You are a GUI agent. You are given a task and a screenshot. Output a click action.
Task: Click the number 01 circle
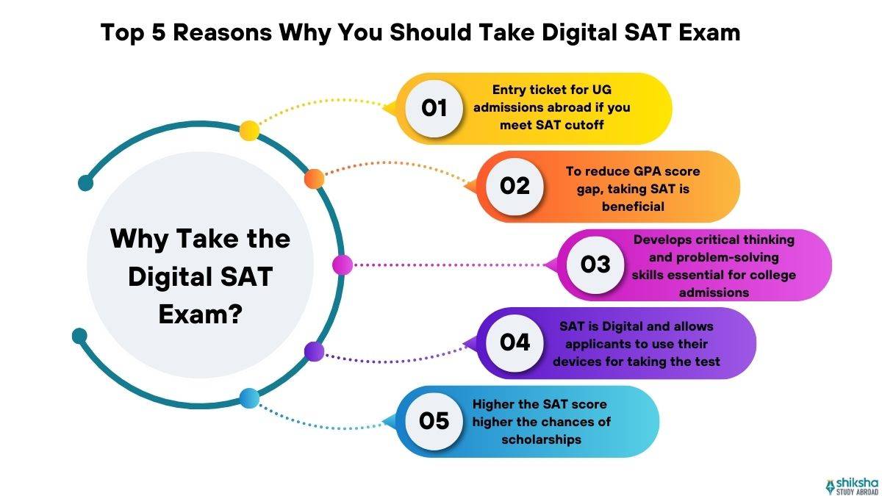pos(434,108)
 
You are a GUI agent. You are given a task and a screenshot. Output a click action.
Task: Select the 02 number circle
pos(515,187)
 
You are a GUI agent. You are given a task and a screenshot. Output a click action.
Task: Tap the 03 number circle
pos(595,265)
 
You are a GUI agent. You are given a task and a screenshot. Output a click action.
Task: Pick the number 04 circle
pos(515,342)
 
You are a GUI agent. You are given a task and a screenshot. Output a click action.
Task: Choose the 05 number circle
pos(434,421)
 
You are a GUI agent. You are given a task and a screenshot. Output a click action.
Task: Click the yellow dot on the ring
pos(249,130)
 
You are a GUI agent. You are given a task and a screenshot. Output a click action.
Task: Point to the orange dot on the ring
pos(314,179)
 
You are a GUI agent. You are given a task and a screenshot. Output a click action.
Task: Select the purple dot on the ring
pos(314,351)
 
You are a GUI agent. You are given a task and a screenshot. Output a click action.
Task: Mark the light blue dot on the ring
pos(249,399)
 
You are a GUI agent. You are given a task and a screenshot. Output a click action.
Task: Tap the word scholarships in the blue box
pos(542,439)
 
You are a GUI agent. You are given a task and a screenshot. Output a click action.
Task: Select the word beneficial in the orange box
pos(633,206)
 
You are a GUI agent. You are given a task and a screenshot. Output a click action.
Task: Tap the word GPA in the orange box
pos(637,171)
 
